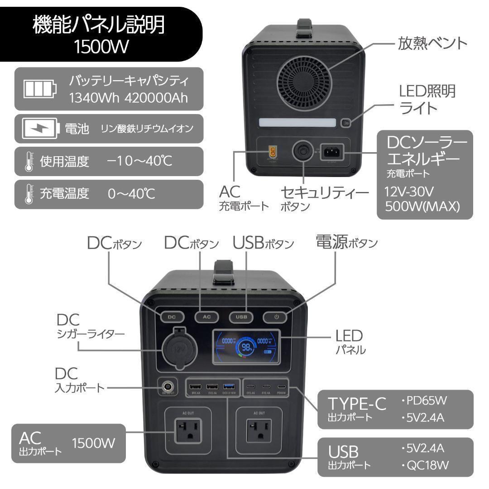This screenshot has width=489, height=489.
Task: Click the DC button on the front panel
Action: pos(172,317)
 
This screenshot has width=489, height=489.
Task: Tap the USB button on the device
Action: pos(241,317)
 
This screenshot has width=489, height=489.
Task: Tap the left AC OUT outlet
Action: pos(188,431)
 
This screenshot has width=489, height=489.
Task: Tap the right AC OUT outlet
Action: pos(259,431)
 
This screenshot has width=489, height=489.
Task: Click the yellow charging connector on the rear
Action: pos(273,151)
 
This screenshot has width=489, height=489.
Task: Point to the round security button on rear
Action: pos(302,153)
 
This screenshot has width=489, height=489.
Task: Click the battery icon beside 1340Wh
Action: pos(41,89)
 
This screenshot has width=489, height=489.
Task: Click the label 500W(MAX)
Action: pos(422,206)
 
